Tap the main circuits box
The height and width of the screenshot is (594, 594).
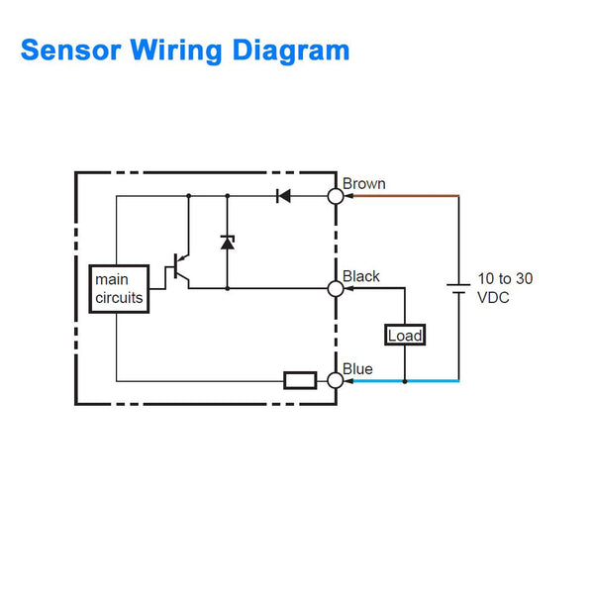click(x=119, y=288)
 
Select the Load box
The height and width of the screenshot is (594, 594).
click(x=405, y=336)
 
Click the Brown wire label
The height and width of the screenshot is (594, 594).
click(x=364, y=184)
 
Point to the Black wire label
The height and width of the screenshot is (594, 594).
click(x=361, y=276)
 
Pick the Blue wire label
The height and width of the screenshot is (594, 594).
click(x=358, y=369)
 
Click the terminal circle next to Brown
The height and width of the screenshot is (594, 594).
click(x=336, y=196)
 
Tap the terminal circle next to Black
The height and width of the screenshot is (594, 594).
click(x=336, y=288)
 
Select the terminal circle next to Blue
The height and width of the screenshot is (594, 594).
click(x=336, y=380)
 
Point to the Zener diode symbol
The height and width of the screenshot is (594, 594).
click(x=227, y=242)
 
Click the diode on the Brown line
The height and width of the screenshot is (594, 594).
click(x=283, y=196)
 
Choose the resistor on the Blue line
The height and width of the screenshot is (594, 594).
click(x=300, y=380)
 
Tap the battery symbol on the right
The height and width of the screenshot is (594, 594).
click(x=458, y=288)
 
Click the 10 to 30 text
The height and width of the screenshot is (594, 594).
click(x=505, y=279)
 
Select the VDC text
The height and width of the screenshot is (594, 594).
click(x=494, y=297)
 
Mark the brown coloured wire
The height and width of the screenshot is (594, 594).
click(x=406, y=196)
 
